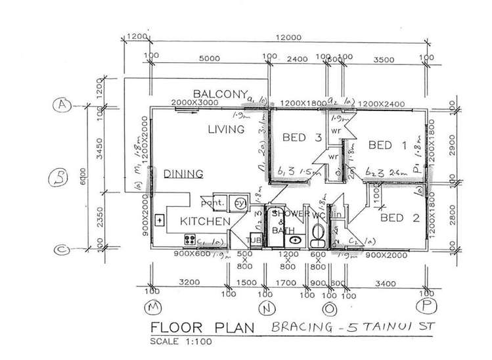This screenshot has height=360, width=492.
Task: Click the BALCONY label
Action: click(219, 93)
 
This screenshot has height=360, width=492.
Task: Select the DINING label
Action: click(183, 173)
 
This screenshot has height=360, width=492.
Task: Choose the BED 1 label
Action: click(388, 145)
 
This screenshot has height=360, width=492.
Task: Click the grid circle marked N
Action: click(267, 307)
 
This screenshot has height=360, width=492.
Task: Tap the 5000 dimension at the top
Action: click(208, 58)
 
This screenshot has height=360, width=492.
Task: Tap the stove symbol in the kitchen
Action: click(190, 239)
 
